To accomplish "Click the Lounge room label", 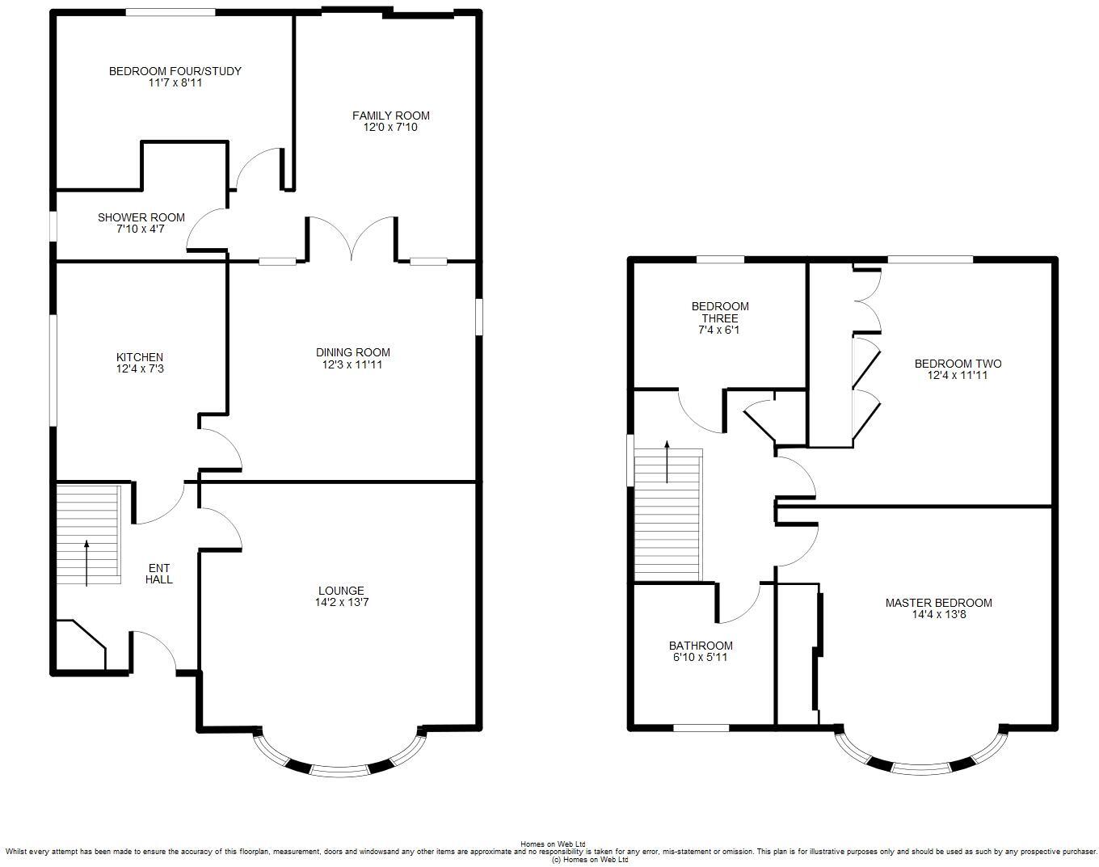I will coord(340,591).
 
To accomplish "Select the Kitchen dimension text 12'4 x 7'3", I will coord(140,369).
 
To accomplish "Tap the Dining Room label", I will coord(352,352).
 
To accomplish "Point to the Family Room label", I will coord(390,116).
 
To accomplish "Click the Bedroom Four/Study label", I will coord(175,71).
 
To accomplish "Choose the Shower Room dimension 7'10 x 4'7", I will coord(141,229).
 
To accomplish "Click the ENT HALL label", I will coord(158,574).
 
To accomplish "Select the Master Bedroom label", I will coord(938,603).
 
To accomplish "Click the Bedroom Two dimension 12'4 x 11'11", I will coord(958,376).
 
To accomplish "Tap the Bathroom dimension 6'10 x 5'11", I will coord(701,658).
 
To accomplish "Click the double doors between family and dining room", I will coord(352,238).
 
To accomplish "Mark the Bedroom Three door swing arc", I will coord(700,412).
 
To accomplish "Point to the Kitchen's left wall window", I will coord(54,369).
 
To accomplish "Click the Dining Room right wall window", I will coord(478,316).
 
